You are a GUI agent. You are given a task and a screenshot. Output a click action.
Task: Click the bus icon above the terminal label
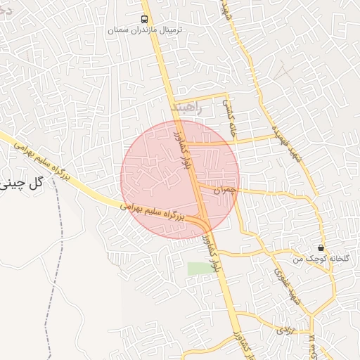144,19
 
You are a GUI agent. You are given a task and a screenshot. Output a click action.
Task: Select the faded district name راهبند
186,108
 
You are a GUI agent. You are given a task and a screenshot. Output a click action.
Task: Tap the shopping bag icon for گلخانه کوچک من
321,247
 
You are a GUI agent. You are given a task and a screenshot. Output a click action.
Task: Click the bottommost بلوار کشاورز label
236,337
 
